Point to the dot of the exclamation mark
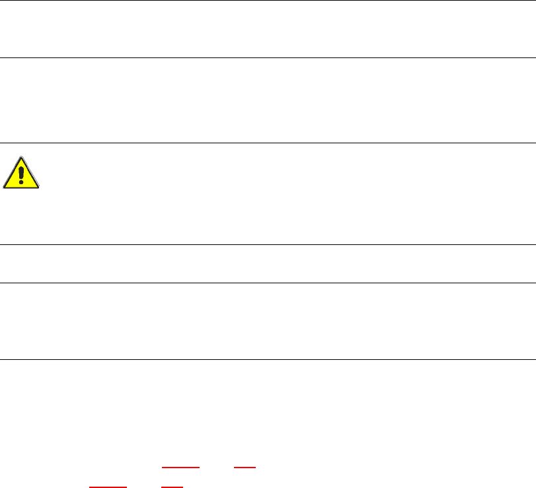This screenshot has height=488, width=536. pos(22,183)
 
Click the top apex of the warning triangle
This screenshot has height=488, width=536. pos(22,158)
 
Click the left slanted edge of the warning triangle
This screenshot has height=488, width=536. pos(13,174)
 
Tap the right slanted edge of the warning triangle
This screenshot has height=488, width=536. pos(31,174)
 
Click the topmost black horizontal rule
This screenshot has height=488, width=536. pos(268,1)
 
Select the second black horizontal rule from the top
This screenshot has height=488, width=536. pos(268,57)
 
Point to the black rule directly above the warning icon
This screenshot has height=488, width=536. pos(268,143)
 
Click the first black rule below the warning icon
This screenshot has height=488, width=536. pos(268,245)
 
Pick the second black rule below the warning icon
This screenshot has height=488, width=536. pos(268,283)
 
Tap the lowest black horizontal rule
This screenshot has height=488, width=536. pos(268,359)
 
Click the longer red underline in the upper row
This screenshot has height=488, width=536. pos(180,466)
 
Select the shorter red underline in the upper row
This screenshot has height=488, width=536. pos(245,466)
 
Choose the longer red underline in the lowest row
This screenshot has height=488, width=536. pos(108,487)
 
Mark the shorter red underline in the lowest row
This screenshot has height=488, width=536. pos(172,487)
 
